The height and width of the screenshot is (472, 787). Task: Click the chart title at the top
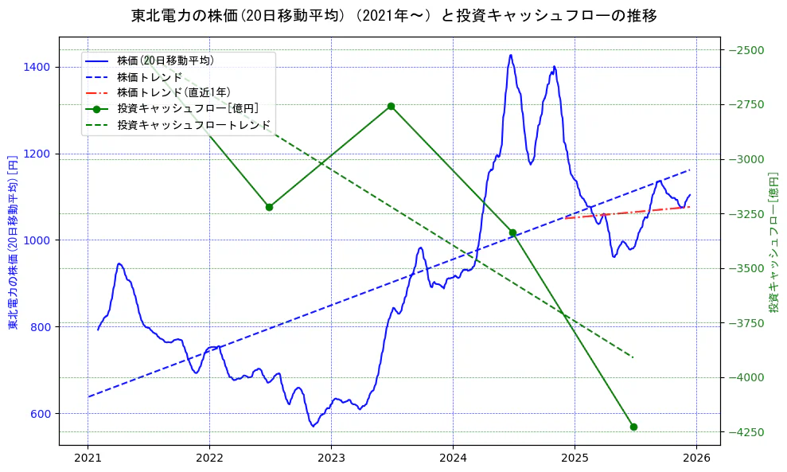pyautogui.click(x=393, y=15)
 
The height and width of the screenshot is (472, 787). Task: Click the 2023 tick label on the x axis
pyautogui.click(x=331, y=458)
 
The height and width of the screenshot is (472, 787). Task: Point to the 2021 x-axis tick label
pyautogui.click(x=88, y=458)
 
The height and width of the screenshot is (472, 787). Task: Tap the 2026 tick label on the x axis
pyautogui.click(x=696, y=458)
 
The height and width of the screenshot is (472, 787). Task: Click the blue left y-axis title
pyautogui.click(x=13, y=240)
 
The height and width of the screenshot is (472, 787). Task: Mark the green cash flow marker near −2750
pyautogui.click(x=391, y=106)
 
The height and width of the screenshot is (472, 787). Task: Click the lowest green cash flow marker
pyautogui.click(x=633, y=427)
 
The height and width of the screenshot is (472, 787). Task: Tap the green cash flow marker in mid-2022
pyautogui.click(x=269, y=207)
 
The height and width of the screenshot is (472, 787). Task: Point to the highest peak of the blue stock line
pyautogui.click(x=510, y=55)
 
